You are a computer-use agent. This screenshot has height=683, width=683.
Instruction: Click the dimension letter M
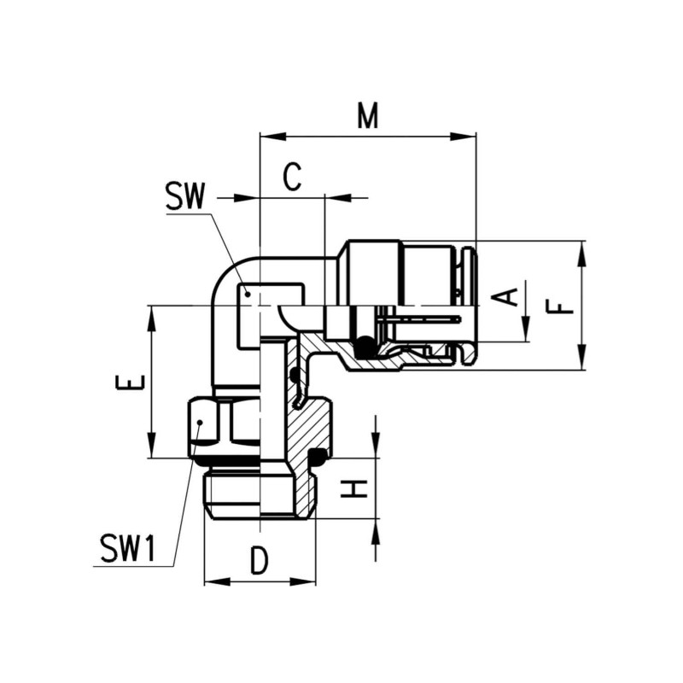[367, 116]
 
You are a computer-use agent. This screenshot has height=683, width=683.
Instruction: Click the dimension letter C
[292, 178]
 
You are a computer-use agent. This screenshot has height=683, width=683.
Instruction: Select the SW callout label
[185, 197]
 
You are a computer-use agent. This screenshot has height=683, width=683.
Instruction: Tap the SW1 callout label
[127, 549]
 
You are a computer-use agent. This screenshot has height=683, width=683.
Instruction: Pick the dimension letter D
[260, 561]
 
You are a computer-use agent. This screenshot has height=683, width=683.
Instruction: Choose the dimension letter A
[508, 296]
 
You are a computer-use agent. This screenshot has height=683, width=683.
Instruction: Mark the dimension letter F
[560, 305]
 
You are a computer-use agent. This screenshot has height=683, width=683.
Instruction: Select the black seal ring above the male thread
[318, 456]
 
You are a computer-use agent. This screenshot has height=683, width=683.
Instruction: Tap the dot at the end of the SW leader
[247, 294]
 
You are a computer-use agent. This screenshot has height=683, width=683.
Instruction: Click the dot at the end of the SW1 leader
[198, 422]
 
